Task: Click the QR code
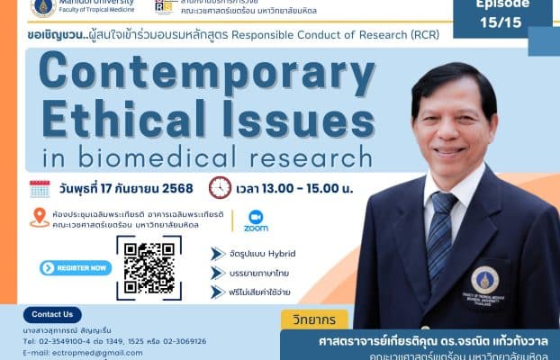149,266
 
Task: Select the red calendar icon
40,188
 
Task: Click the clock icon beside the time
220,187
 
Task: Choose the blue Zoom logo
256,220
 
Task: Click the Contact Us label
52,315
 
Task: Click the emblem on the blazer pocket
484,279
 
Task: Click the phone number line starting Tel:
116,341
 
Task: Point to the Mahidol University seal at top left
42,6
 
